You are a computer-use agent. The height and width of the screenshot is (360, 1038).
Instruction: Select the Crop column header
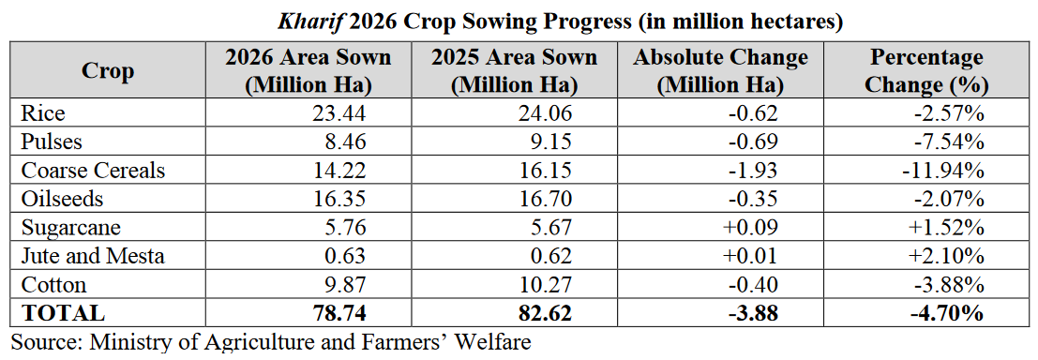[108, 71]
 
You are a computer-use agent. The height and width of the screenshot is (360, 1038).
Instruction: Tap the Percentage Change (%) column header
[926, 71]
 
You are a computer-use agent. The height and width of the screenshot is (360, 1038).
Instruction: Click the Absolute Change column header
[721, 71]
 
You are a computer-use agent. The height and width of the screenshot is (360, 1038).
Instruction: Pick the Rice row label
[43, 113]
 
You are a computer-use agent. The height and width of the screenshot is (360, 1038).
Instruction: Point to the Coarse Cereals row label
[93, 170]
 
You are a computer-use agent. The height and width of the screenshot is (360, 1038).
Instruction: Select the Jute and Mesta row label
[92, 256]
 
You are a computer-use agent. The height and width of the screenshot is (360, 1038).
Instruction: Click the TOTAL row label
[63, 313]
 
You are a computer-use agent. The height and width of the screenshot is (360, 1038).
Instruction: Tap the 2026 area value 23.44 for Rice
[338, 113]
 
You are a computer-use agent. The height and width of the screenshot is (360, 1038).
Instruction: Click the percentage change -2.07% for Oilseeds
[949, 199]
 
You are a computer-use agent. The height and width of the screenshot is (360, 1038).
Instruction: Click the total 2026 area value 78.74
[338, 313]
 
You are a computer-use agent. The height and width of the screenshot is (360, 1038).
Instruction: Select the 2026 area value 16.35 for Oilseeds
[338, 199]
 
